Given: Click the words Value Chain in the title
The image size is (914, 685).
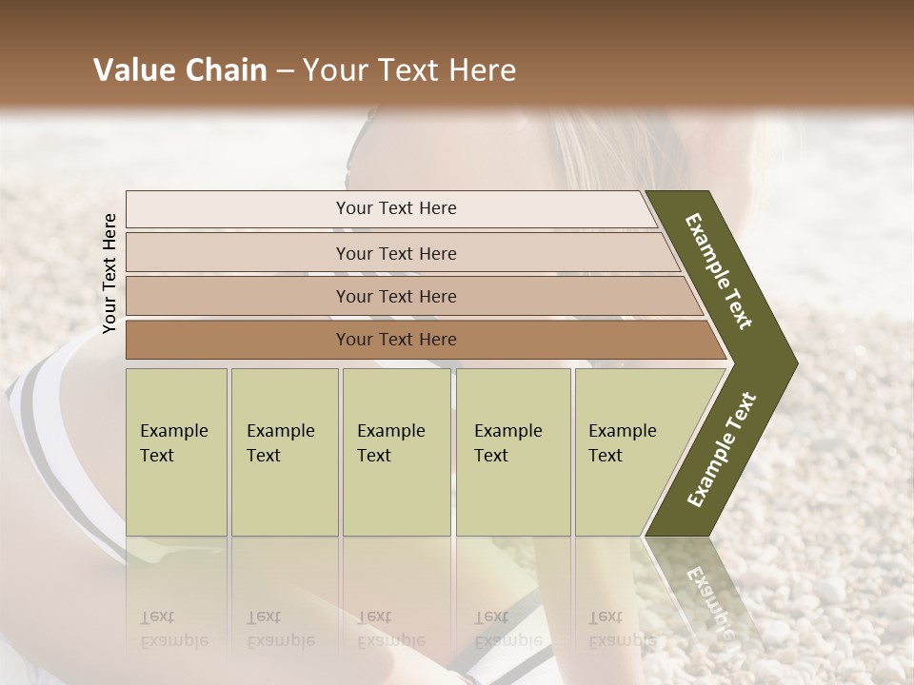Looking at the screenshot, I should coord(180,70).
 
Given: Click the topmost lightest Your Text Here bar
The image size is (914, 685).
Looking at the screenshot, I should coord(395,208).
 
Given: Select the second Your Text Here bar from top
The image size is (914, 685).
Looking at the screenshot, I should coord(395,253).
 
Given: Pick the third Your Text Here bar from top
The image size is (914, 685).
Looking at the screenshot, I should coord(395,296).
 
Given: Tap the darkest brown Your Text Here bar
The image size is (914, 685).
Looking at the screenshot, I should coord(395,340).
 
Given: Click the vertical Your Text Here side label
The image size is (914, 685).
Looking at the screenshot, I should coord(109,273).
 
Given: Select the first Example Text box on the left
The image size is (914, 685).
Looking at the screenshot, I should coord(176,451).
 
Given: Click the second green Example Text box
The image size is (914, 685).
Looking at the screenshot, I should coord(284,451).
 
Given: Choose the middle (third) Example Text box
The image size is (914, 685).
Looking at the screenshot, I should coord(396,451).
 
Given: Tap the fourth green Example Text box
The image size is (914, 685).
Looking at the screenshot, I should coord(512,451).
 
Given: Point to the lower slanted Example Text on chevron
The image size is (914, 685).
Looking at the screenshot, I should coord(722,450).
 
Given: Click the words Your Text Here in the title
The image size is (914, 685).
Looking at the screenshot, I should coord(409,70).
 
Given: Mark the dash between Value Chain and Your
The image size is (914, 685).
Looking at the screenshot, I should coord(285,71).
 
